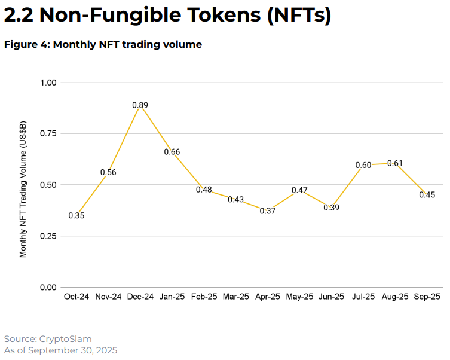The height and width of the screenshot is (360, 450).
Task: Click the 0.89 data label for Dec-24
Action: click(x=140, y=105)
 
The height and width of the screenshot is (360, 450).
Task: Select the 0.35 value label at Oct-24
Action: click(x=76, y=216)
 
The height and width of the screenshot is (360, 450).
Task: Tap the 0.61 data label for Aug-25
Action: click(x=395, y=163)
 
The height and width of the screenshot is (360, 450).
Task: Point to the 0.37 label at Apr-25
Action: click(x=268, y=211)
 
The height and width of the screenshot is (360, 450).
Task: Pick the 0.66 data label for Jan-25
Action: click(x=172, y=152)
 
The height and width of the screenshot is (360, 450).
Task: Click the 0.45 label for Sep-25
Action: click(x=427, y=195)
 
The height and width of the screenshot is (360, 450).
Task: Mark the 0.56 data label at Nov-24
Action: click(x=108, y=173)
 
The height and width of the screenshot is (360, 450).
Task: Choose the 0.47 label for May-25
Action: click(x=299, y=191)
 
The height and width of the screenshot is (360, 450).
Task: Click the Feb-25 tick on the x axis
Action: click(x=204, y=297)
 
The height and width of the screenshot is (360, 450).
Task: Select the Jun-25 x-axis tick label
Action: click(x=331, y=297)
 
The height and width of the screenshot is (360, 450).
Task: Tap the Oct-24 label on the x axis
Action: click(x=76, y=297)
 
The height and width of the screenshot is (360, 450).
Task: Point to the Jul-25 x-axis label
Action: click(x=363, y=297)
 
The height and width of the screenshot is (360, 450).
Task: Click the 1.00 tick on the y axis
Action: click(x=48, y=83)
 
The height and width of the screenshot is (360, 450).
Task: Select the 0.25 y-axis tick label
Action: click(x=48, y=236)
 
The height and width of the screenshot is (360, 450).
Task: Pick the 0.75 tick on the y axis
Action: click(x=48, y=133)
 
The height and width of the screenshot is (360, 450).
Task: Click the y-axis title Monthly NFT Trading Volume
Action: click(x=23, y=188)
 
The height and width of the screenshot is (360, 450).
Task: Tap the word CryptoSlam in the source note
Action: click(x=65, y=339)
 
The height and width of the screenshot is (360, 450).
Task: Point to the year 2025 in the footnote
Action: click(x=105, y=350)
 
